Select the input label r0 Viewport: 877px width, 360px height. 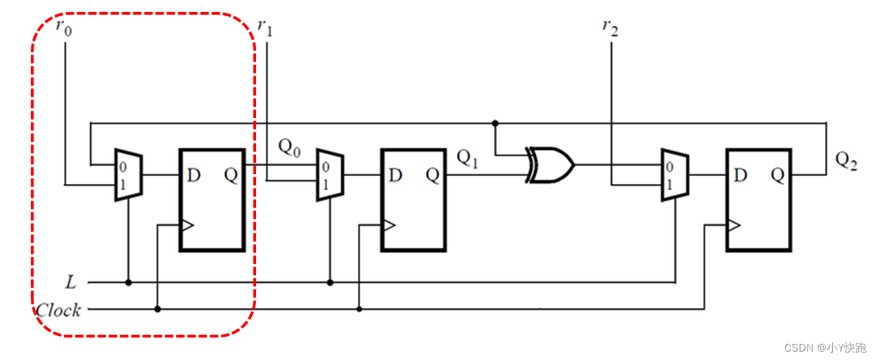coord(63,28)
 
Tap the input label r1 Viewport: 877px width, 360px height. coord(265,27)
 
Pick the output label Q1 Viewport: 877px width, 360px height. coord(467,159)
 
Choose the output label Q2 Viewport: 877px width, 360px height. coord(846,161)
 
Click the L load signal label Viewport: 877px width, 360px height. coord(70,283)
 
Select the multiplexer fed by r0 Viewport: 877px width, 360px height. coord(128,175)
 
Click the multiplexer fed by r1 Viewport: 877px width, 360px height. coord(329,174)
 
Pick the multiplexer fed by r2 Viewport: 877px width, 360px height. coord(675,174)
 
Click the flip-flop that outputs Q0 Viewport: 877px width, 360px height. coord(212,199)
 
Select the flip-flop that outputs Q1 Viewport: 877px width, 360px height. coord(413,199)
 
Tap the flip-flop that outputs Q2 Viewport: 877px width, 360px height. coord(758,199)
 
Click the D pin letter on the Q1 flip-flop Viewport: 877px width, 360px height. coord(396,175)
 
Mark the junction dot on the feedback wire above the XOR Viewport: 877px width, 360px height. coord(495,123)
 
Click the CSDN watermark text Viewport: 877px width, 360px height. coord(825,348)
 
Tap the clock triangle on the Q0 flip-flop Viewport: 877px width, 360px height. coord(187,226)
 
